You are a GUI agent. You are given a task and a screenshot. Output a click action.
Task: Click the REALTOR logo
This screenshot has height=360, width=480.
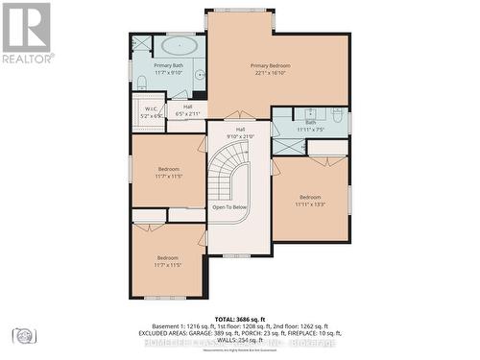pos(27,33)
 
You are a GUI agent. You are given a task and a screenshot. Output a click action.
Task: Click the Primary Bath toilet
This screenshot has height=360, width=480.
pos(141,81)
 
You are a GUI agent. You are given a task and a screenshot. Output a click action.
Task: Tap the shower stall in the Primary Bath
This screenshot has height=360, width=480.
pos(141,43)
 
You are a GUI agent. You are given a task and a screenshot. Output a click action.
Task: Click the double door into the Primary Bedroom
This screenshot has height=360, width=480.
pos(240,116)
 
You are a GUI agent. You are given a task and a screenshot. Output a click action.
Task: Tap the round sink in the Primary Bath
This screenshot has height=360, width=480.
pos(198,75)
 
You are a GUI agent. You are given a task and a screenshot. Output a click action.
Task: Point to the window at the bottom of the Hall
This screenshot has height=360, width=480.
pos(239,255)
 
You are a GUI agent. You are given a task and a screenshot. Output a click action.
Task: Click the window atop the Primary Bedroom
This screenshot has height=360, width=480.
pos(240,11)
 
